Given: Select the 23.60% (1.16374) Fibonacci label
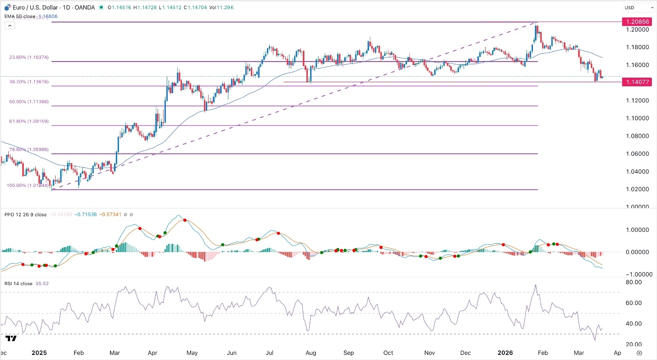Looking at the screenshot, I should click(29, 58).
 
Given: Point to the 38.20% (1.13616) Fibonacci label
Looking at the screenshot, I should click(29, 82).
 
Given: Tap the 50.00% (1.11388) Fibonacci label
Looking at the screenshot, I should click(29, 102).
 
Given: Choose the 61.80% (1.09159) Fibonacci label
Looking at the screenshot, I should click(29, 122).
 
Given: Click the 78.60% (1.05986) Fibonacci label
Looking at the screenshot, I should click(29, 150).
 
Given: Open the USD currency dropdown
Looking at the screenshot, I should click(638, 7).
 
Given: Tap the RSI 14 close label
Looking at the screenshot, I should click(19, 284).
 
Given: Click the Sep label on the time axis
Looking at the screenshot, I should click(349, 353).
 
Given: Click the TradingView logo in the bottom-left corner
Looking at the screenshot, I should click(11, 338).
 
